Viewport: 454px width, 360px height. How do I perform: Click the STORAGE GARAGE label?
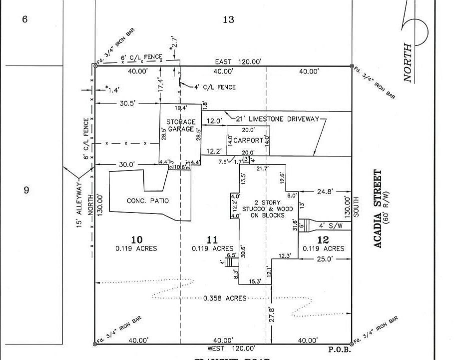[x=181, y=125]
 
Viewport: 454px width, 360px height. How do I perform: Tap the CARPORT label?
[x=248, y=140]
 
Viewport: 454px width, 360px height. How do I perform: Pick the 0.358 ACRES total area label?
[x=225, y=298]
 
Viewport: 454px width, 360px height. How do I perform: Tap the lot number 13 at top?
[x=228, y=20]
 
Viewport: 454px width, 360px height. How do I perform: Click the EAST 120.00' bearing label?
[x=238, y=61]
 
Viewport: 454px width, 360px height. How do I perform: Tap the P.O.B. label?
[x=340, y=350]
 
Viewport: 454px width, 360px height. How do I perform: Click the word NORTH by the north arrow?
[x=408, y=63]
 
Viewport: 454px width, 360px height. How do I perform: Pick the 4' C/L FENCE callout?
[x=215, y=87]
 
